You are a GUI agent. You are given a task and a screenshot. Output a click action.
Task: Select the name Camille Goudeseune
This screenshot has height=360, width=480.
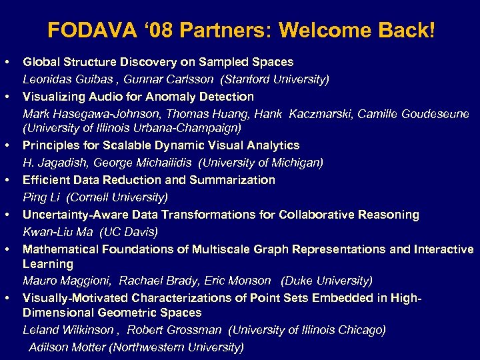(413, 114)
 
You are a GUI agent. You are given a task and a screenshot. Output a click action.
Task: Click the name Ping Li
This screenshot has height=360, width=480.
(41, 197)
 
